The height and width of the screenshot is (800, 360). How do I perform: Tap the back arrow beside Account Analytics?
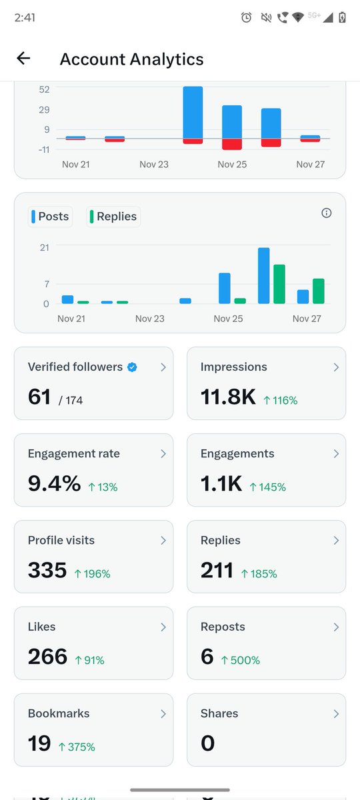pos(23,59)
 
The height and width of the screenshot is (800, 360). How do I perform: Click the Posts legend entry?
pos(50,217)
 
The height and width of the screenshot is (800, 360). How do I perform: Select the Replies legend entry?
pos(113,217)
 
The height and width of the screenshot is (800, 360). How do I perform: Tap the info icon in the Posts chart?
pos(326,213)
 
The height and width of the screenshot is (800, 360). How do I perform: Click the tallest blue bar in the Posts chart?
pos(264,275)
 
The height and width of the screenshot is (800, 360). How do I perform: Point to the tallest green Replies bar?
pos(279,284)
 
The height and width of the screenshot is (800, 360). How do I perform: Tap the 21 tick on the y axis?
pos(44,247)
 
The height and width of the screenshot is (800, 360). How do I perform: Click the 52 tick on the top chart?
pos(44,89)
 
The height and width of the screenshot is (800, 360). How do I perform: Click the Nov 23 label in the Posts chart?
pos(149,319)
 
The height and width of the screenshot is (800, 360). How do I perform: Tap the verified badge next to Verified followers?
pos(132,367)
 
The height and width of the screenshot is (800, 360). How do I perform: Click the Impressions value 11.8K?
pos(228,397)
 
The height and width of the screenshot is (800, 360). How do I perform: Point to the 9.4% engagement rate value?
pos(55,484)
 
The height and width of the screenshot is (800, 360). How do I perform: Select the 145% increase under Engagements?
pos(268,487)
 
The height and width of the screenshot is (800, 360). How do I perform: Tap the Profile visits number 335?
pos(47,571)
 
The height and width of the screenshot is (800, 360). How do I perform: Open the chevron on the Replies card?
pos(335,541)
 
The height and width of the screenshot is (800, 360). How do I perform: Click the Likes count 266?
pos(47,657)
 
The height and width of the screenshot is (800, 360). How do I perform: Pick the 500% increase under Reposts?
pos(241,661)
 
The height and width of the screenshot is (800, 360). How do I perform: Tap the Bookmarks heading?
pos(59,713)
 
